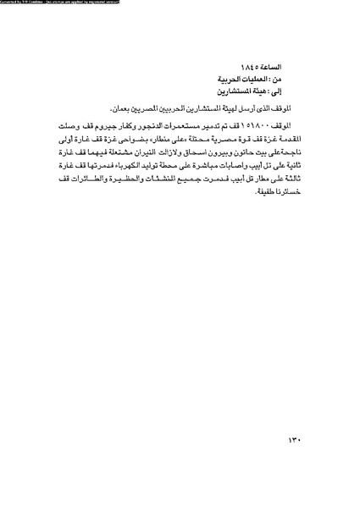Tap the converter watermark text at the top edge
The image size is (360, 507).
coord(59,3)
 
